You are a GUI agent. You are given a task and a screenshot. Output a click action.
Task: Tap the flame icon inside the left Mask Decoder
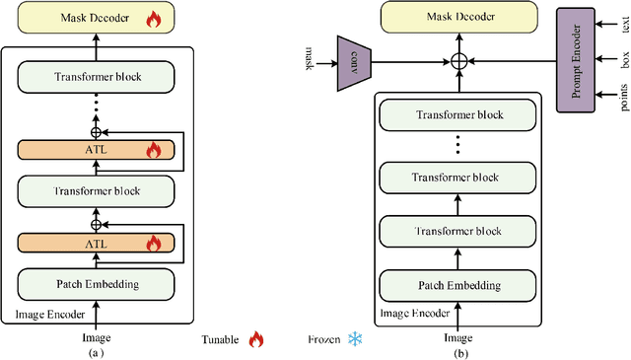[x=153, y=18]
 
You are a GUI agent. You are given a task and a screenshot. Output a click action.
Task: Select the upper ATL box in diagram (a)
[x=97, y=151]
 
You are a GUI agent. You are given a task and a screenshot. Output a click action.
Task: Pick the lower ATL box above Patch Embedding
[x=97, y=243]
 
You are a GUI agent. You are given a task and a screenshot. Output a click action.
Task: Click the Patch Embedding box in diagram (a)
[x=97, y=286]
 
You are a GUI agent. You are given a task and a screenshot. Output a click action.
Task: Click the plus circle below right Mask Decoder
[x=457, y=61]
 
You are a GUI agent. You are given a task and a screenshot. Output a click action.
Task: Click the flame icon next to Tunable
[x=256, y=339]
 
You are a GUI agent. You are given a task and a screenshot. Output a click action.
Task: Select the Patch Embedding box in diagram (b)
[x=457, y=286]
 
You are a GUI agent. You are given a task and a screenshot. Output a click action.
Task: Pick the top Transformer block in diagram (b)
[x=457, y=115]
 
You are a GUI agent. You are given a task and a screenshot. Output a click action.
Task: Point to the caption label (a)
[x=96, y=352]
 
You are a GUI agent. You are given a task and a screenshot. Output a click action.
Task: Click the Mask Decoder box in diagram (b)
[x=457, y=17]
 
